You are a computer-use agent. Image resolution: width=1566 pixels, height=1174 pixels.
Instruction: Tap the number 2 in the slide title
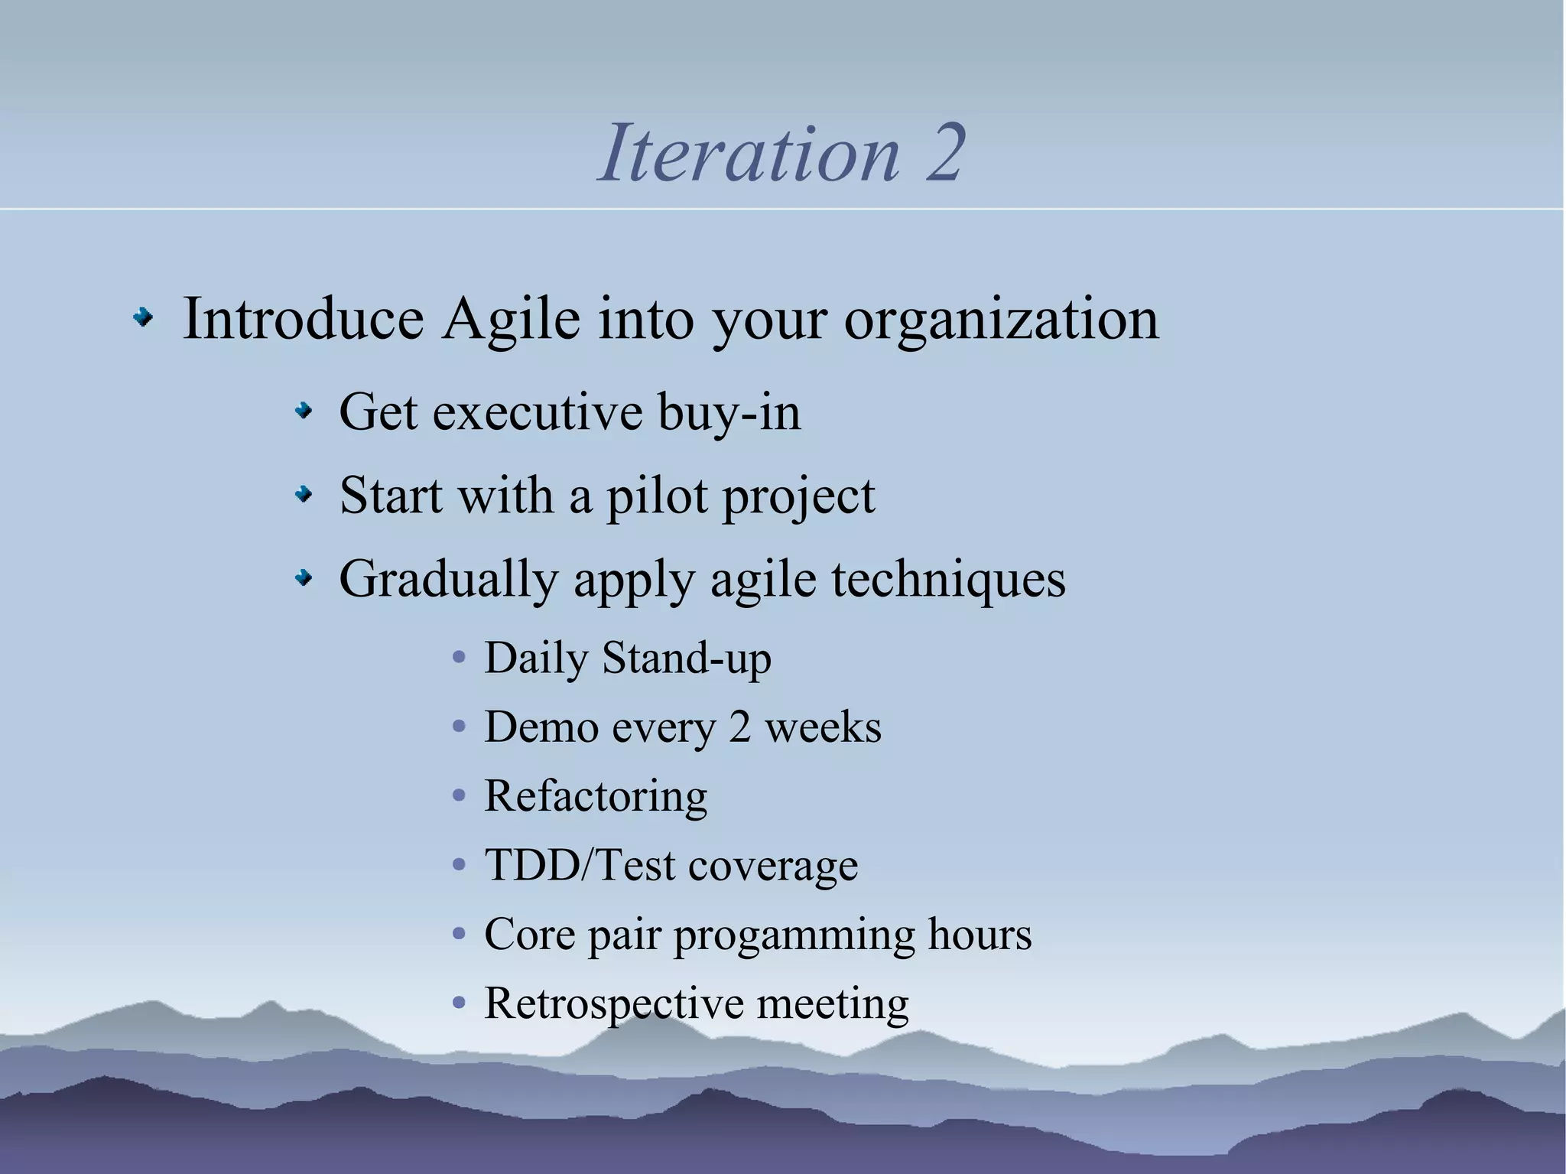tap(944, 154)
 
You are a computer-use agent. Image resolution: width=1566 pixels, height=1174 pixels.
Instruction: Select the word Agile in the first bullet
tap(511, 318)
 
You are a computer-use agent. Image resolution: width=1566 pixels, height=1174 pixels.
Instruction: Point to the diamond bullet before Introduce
tap(142, 318)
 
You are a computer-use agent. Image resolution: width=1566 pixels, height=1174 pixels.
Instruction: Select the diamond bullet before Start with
tap(304, 496)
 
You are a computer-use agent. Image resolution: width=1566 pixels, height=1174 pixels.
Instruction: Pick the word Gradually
tap(448, 580)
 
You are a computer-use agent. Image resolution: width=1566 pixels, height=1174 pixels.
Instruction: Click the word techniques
tap(948, 580)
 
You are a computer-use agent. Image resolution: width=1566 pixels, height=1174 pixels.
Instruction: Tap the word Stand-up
tap(686, 659)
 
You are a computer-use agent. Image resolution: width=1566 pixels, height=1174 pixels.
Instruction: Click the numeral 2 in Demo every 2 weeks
tap(739, 727)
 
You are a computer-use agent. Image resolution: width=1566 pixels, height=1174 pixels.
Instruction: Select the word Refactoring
tap(596, 797)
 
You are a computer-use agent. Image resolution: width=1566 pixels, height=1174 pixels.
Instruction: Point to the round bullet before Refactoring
tap(459, 797)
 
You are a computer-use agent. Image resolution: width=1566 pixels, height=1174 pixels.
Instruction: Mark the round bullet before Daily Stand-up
tap(459, 659)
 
